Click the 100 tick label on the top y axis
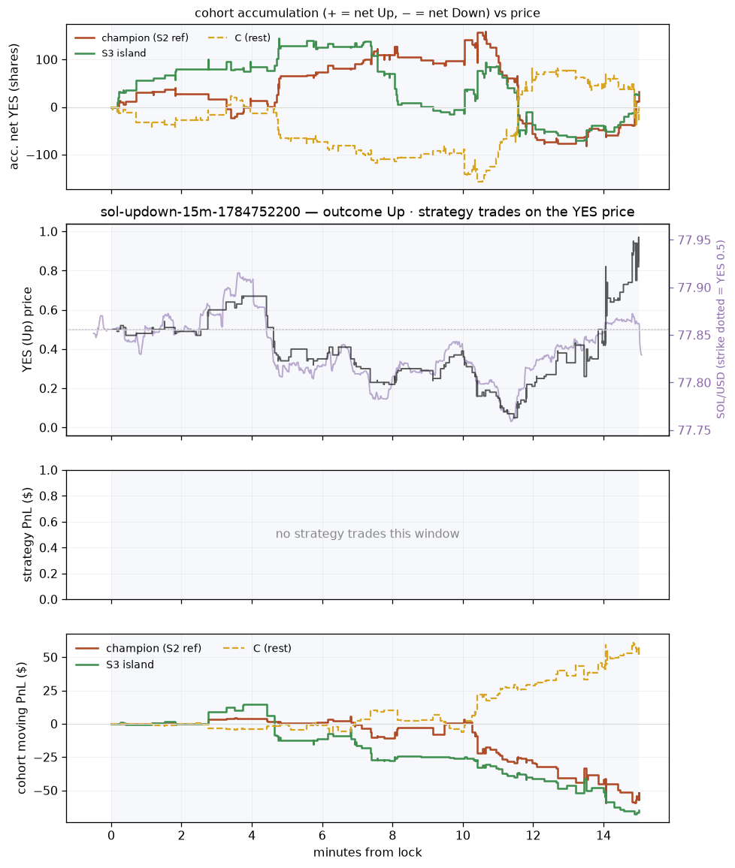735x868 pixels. pos(47,60)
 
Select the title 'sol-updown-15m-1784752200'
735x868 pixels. pos(201,212)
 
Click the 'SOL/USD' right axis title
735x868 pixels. pos(721,330)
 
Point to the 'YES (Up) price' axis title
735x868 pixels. pos(27,330)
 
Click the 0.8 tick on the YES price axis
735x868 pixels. pos(50,271)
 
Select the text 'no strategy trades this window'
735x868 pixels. pos(367,534)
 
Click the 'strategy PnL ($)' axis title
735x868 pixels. pos(27,535)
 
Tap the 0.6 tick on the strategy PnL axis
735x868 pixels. pos(50,522)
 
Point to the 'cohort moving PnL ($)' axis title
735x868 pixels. pos(22,728)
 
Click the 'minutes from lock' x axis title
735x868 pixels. pos(367,852)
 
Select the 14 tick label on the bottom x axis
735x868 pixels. pos(603,836)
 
